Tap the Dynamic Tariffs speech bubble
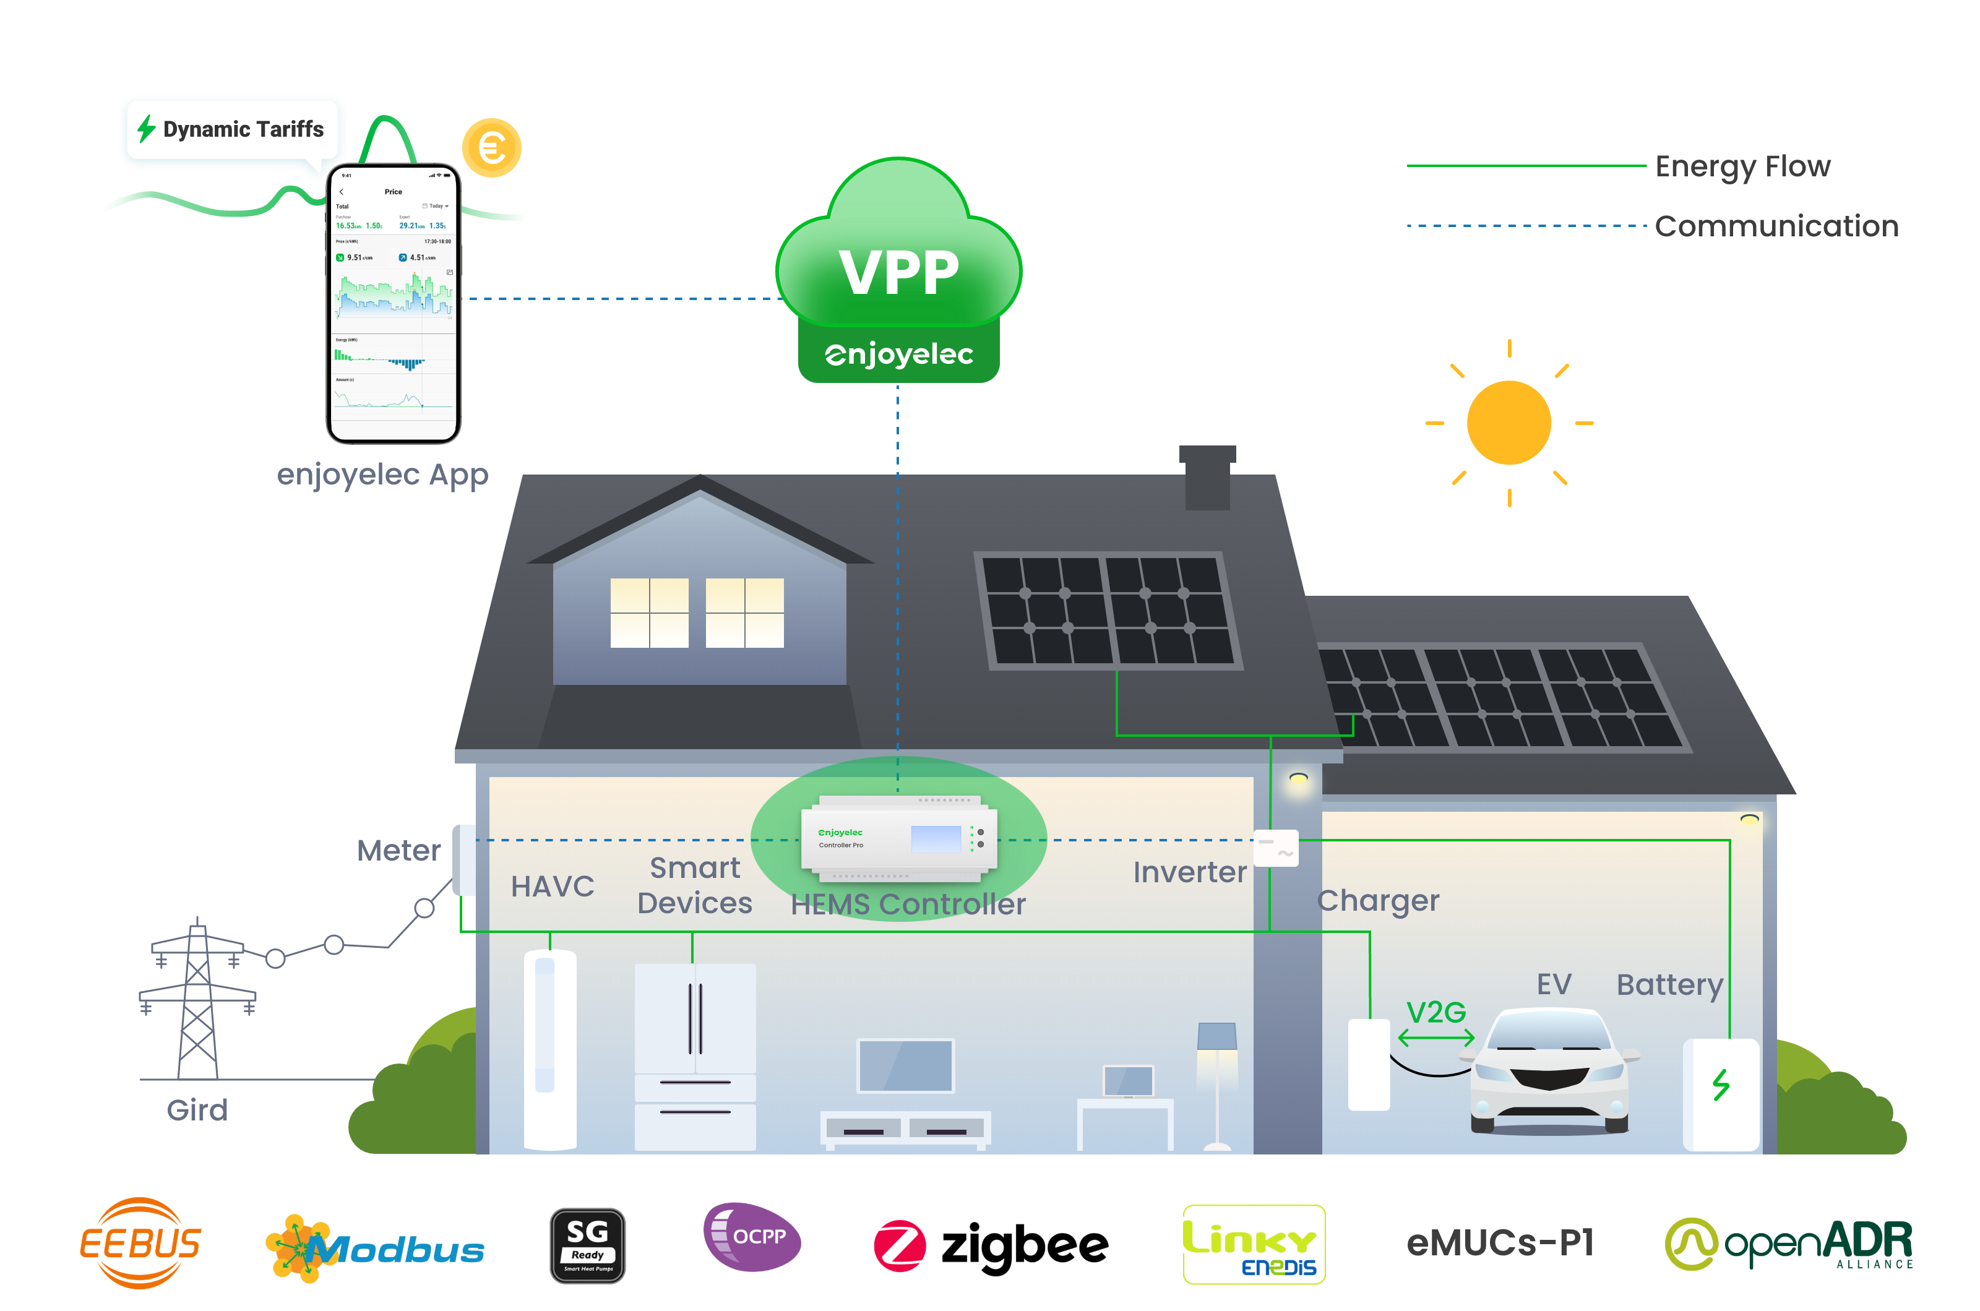click(x=231, y=131)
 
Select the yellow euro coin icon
click(x=492, y=148)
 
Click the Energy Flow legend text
click(x=1742, y=166)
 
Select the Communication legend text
click(x=1776, y=226)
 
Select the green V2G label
click(x=1435, y=1013)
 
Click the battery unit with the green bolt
click(x=1721, y=1094)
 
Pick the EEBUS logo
click(x=140, y=1244)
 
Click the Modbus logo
click(x=374, y=1249)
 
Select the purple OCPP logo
click(x=752, y=1237)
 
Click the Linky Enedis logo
click(x=1254, y=1244)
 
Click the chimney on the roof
click(x=1207, y=478)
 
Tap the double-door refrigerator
click(x=695, y=1056)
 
